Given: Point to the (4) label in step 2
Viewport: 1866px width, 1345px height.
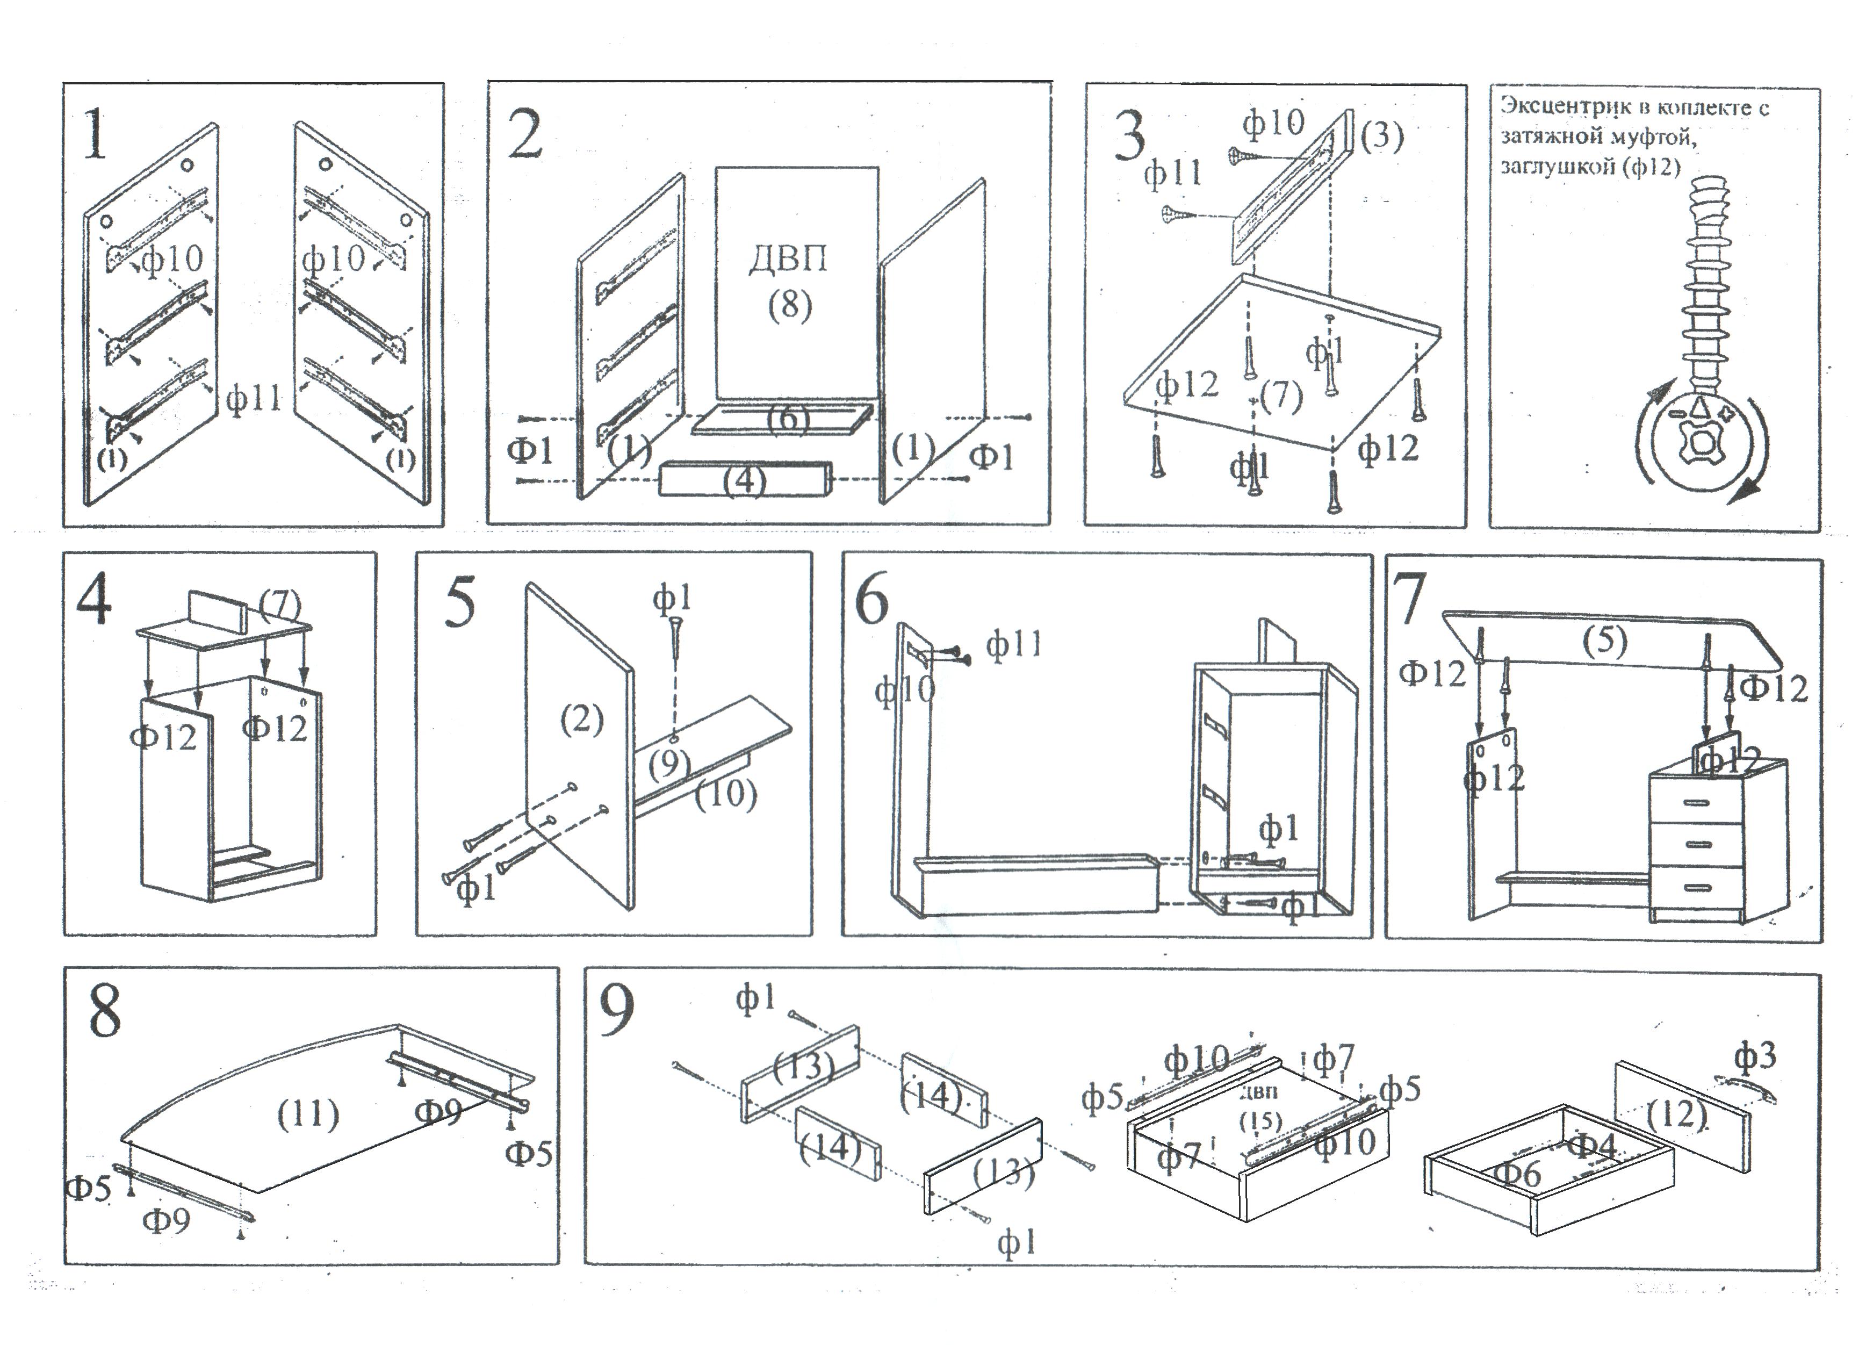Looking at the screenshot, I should tap(745, 480).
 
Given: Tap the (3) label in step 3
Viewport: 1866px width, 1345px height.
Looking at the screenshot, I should tap(1382, 136).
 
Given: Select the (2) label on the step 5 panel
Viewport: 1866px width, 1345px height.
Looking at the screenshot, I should tap(582, 720).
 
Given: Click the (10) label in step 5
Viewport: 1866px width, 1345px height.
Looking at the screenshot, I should tap(726, 794).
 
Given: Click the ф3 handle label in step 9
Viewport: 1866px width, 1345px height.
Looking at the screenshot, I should tap(1755, 1055).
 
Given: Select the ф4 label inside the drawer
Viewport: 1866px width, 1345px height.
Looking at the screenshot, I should tap(1593, 1144).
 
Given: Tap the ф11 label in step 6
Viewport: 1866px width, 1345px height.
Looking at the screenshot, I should tap(1014, 644).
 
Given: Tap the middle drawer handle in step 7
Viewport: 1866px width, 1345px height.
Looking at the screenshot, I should tap(1697, 844).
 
